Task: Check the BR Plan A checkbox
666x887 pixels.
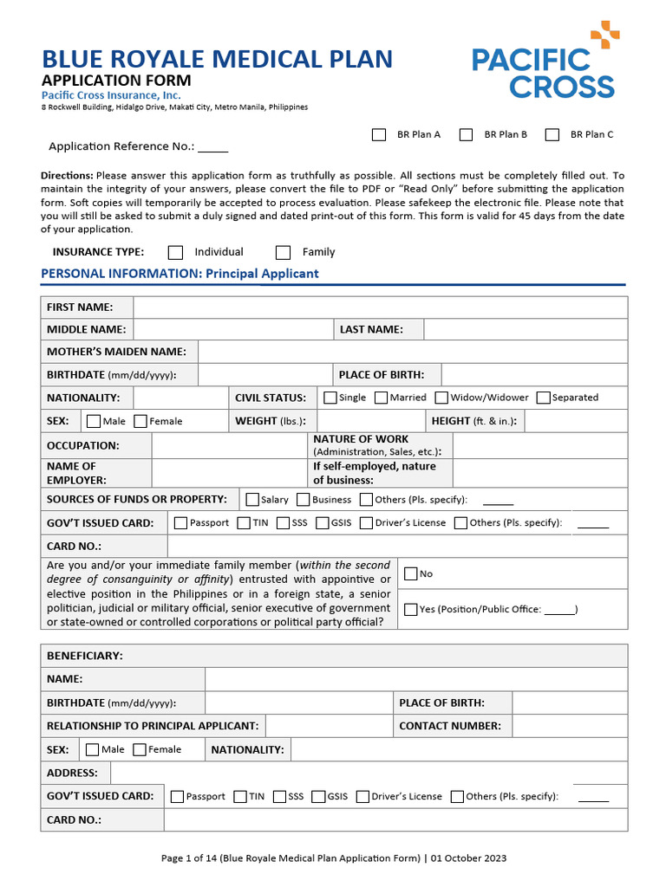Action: coord(379,134)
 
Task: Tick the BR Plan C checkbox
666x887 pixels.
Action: coord(552,134)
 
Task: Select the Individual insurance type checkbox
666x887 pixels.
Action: coord(176,252)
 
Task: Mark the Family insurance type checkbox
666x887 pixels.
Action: coord(283,252)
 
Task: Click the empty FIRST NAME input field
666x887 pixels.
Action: coord(380,308)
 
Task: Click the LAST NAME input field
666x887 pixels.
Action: coord(525,330)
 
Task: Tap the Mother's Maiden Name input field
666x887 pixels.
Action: coord(412,352)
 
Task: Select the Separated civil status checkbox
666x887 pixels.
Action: coord(544,398)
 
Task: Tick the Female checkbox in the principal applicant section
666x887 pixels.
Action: coord(141,421)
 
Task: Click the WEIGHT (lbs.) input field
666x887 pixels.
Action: coord(371,421)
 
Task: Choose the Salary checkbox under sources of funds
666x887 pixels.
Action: coord(252,500)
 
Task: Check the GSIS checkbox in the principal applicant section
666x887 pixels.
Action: coord(323,523)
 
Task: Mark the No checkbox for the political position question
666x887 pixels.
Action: coord(410,573)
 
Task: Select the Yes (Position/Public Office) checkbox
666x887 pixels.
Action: coord(410,609)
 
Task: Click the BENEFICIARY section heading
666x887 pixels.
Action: coord(85,656)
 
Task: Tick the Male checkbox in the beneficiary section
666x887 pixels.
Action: coord(93,749)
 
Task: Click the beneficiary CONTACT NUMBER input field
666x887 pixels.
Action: coord(569,726)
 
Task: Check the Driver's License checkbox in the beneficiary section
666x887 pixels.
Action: coord(362,796)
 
